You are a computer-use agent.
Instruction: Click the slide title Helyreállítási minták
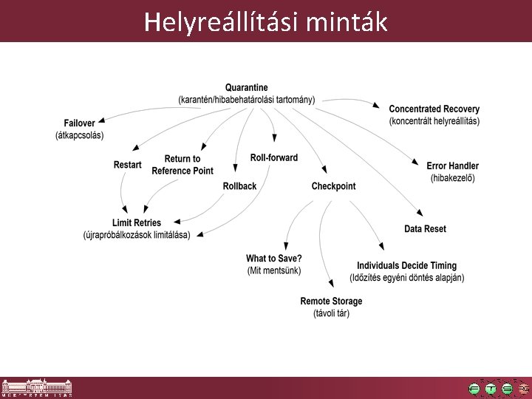[x=265, y=21]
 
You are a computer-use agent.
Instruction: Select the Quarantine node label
[x=246, y=88]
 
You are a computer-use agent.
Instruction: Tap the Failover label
[x=79, y=123]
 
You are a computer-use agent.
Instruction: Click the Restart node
[x=127, y=165]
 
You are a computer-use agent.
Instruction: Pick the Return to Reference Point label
[x=182, y=165]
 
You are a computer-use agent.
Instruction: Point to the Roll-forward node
[x=273, y=157]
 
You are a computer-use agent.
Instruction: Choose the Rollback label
[x=239, y=186]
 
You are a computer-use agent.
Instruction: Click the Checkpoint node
[x=333, y=186]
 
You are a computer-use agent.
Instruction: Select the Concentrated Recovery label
[x=434, y=109]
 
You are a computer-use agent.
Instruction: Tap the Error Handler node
[x=452, y=166]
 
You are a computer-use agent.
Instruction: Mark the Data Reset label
[x=425, y=229]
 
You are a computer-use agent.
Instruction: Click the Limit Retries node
[x=136, y=223]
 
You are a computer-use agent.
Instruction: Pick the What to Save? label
[x=273, y=259]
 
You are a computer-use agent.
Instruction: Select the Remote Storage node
[x=331, y=301]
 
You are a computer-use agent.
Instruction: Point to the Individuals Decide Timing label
[x=406, y=266]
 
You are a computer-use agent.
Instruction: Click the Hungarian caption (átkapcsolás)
[x=79, y=135]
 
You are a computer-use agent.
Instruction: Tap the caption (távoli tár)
[x=331, y=313]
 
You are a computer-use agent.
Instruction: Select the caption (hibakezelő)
[x=452, y=178]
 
